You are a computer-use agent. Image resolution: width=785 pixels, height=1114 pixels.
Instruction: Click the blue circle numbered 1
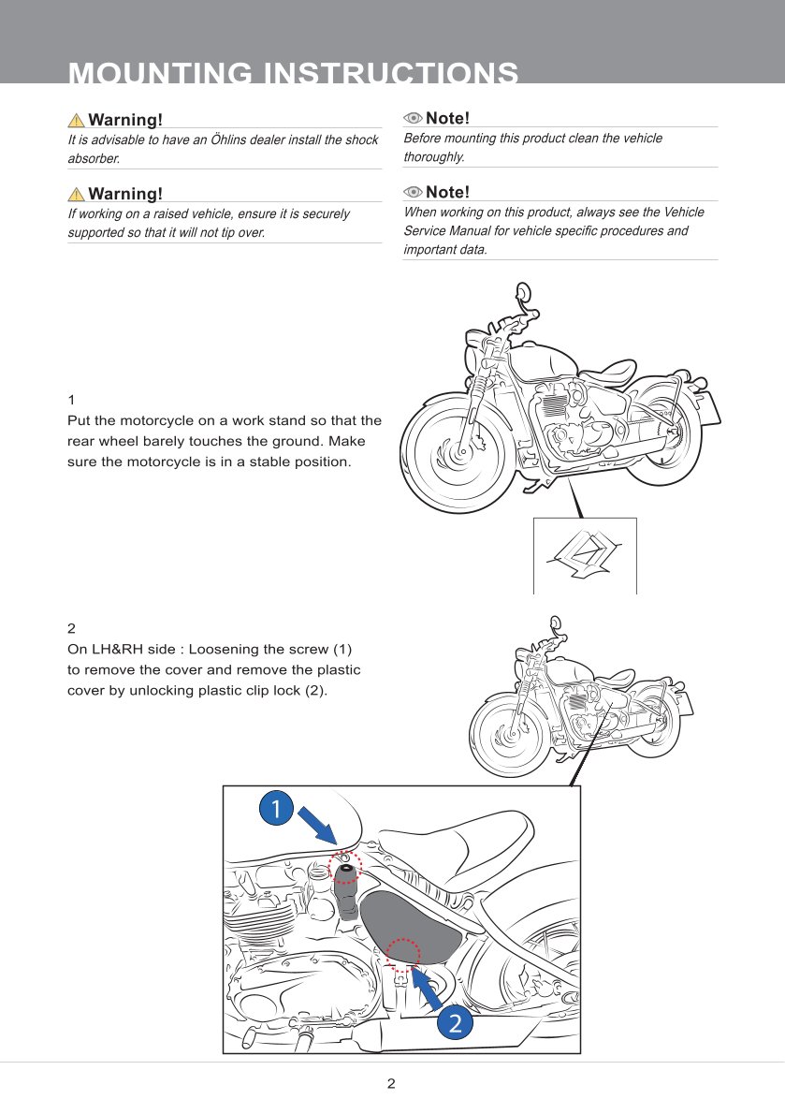(x=276, y=808)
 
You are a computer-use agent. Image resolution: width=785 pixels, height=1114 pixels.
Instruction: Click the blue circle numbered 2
(x=455, y=1022)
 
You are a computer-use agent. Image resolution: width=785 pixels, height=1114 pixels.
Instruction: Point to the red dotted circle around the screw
(x=345, y=868)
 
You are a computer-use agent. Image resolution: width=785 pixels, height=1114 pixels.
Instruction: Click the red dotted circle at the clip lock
(x=403, y=954)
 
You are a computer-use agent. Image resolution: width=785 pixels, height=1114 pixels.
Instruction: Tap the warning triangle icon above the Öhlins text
(x=76, y=120)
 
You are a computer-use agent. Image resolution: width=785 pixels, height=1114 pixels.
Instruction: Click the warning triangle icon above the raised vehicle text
(x=76, y=194)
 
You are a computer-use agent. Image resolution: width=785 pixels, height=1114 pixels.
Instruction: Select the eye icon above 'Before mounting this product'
(x=413, y=118)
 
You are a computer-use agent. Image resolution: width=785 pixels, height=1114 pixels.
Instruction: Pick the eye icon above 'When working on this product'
(x=413, y=192)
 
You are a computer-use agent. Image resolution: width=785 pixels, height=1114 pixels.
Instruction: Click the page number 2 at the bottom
(x=392, y=1084)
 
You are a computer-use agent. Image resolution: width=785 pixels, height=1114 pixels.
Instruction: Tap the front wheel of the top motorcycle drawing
(x=459, y=453)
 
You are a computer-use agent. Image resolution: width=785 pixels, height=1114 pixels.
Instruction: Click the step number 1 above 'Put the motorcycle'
(x=71, y=400)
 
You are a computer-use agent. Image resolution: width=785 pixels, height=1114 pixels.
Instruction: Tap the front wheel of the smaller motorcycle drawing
(x=511, y=736)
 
